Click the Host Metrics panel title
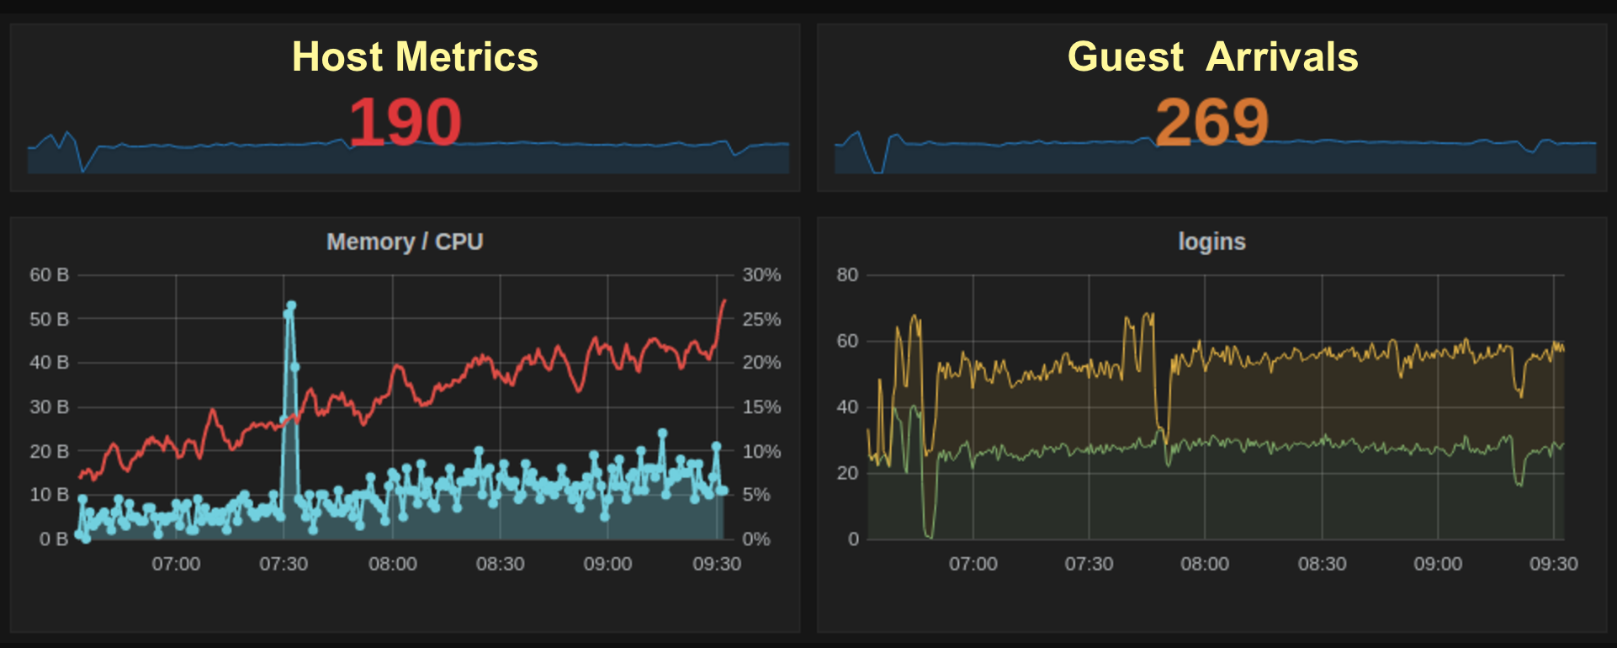coord(415,57)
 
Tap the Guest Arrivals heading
coord(1212,57)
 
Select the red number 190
coord(405,122)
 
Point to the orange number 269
coord(1211,122)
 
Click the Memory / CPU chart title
coord(405,242)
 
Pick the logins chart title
coord(1211,242)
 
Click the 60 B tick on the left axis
coord(49,274)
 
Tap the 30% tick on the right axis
coord(761,274)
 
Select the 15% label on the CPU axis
coord(761,406)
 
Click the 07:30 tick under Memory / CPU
coord(284,564)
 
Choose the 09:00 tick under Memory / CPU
coord(607,564)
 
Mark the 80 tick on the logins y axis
coord(847,274)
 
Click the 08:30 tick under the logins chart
coord(1322,564)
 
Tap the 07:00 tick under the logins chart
coord(973,564)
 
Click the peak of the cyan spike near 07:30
coord(291,305)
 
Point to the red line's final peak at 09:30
coord(724,300)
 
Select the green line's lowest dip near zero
coord(929,535)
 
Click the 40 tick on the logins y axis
coord(847,406)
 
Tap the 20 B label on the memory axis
coord(49,451)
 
